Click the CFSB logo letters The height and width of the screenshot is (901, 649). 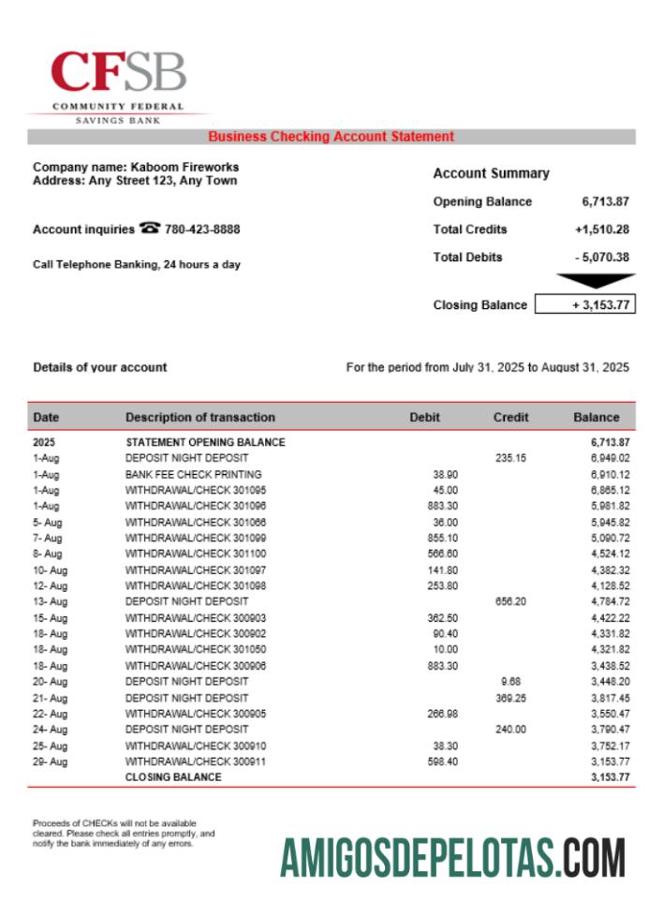tap(118, 73)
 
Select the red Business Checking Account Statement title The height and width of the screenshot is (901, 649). tap(331, 137)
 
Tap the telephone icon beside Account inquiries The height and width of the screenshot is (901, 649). tap(149, 229)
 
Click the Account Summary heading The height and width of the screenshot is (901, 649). tap(491, 173)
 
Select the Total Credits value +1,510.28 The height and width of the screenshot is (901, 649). tap(601, 229)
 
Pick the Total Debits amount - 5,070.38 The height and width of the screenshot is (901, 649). tap(601, 258)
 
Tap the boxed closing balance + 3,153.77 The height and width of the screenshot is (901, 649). tap(584, 305)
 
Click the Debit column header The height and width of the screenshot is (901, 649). tap(424, 418)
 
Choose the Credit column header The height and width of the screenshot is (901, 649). tap(510, 418)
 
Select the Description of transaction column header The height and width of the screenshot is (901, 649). tap(200, 418)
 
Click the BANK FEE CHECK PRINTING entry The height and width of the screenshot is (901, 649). tap(193, 475)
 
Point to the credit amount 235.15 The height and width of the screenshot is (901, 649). tap(510, 459)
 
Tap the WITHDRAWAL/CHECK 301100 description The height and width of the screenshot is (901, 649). tap(195, 554)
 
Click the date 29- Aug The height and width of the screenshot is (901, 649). tap(50, 761)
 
